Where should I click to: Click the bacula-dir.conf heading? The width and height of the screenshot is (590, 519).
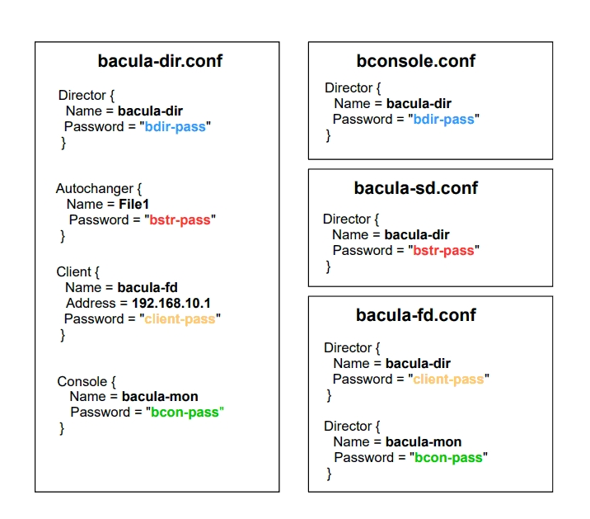pos(160,61)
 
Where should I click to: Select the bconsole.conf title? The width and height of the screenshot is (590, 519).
pos(416,61)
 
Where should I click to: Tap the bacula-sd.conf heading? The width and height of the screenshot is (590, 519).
pos(416,188)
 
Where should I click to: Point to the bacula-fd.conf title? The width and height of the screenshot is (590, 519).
pos(416,315)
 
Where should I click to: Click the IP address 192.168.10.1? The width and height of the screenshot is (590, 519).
pos(171,303)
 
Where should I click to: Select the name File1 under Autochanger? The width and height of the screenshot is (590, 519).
pos(133,204)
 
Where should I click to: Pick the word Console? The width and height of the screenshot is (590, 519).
pos(82,381)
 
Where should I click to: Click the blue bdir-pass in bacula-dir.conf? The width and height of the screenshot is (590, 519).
pos(176,127)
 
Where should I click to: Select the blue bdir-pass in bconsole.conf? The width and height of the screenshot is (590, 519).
pos(443,119)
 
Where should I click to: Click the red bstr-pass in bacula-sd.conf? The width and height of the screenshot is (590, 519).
pos(443,250)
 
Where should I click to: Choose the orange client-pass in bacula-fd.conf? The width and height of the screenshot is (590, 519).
pos(448,379)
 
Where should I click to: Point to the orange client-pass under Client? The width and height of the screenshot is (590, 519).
pos(180,318)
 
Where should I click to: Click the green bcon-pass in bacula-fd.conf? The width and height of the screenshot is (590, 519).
pos(447,457)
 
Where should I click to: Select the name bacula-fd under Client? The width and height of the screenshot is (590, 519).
pos(147,287)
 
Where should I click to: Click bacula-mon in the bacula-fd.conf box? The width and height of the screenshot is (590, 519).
pos(424,441)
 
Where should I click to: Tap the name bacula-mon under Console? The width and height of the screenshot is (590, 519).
pos(160,396)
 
